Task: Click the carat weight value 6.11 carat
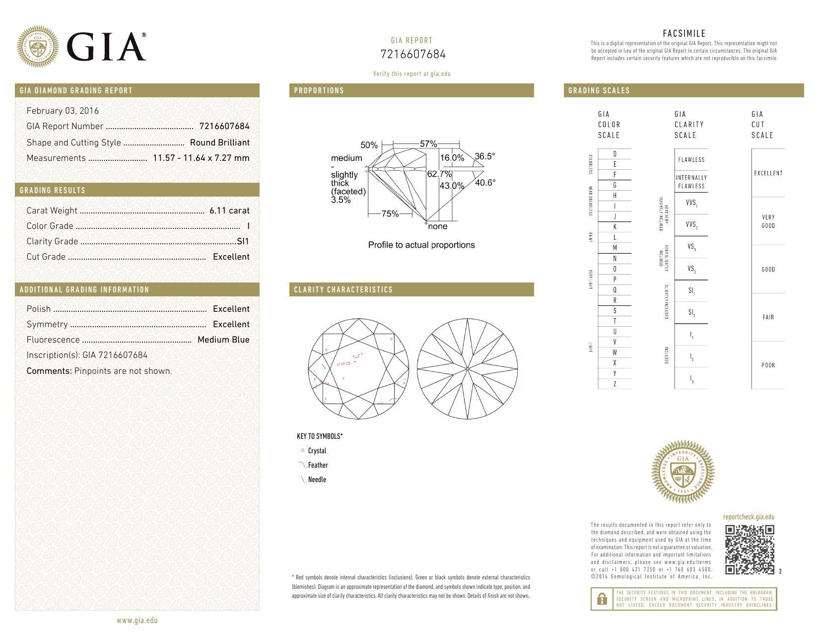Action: (x=229, y=211)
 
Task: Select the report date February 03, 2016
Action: (x=63, y=111)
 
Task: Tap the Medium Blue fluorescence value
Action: (x=223, y=340)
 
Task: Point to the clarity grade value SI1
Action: (x=243, y=241)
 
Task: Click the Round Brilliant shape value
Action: (x=220, y=142)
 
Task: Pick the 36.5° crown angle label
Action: (x=484, y=156)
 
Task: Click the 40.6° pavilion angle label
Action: (x=485, y=183)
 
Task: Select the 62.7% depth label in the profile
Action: (x=439, y=174)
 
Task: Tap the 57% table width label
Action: (x=428, y=144)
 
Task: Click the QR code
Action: (x=750, y=550)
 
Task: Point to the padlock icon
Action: (x=602, y=599)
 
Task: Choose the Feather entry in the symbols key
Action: (x=318, y=465)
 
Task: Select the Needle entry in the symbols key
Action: (x=317, y=480)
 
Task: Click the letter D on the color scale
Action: (x=615, y=154)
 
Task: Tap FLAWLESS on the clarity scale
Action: (x=691, y=160)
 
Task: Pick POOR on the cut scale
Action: (x=768, y=365)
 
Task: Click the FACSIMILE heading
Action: (x=683, y=34)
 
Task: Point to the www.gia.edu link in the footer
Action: (x=137, y=620)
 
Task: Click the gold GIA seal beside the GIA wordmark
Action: (x=38, y=47)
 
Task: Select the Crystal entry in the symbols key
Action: (x=317, y=451)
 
